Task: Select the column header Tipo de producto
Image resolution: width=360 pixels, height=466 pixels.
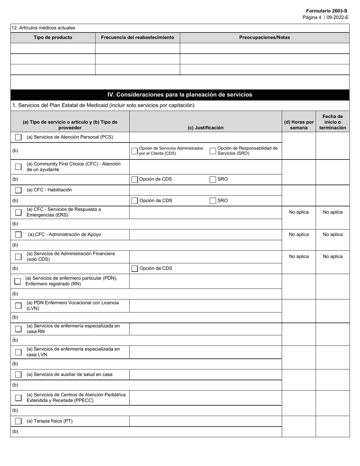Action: (x=53, y=38)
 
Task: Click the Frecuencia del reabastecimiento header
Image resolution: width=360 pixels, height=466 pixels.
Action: (x=137, y=38)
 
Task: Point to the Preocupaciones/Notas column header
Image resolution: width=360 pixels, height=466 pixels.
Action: (x=265, y=38)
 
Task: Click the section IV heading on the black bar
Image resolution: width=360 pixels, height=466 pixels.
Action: (x=180, y=95)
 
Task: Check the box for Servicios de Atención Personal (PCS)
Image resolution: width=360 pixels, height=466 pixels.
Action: (x=18, y=137)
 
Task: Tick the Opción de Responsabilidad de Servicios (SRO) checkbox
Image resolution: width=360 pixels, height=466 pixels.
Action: (x=213, y=151)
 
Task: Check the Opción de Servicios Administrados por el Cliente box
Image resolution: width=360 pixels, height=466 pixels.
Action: (x=135, y=151)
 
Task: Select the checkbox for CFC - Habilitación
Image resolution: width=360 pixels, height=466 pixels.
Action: (x=18, y=190)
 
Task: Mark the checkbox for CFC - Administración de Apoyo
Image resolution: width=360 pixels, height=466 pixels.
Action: (x=18, y=235)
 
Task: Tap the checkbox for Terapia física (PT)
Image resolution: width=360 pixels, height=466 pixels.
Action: (x=18, y=421)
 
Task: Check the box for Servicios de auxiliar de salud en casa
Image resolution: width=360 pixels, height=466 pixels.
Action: (x=18, y=375)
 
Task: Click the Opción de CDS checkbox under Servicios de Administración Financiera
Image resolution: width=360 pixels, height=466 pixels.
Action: (x=135, y=269)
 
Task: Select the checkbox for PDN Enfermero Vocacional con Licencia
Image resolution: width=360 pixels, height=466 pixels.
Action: (x=18, y=306)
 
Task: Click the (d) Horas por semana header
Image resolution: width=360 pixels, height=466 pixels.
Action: (x=299, y=125)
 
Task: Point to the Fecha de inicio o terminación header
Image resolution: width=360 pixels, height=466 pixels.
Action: (x=332, y=122)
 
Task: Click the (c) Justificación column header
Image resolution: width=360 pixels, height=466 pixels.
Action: (x=205, y=128)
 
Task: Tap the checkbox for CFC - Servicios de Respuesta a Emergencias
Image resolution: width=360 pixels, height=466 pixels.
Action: (x=18, y=213)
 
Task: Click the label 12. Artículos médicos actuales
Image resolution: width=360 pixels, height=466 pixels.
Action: (x=44, y=28)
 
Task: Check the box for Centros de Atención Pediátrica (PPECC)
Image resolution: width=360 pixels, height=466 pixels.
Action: (x=18, y=398)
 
